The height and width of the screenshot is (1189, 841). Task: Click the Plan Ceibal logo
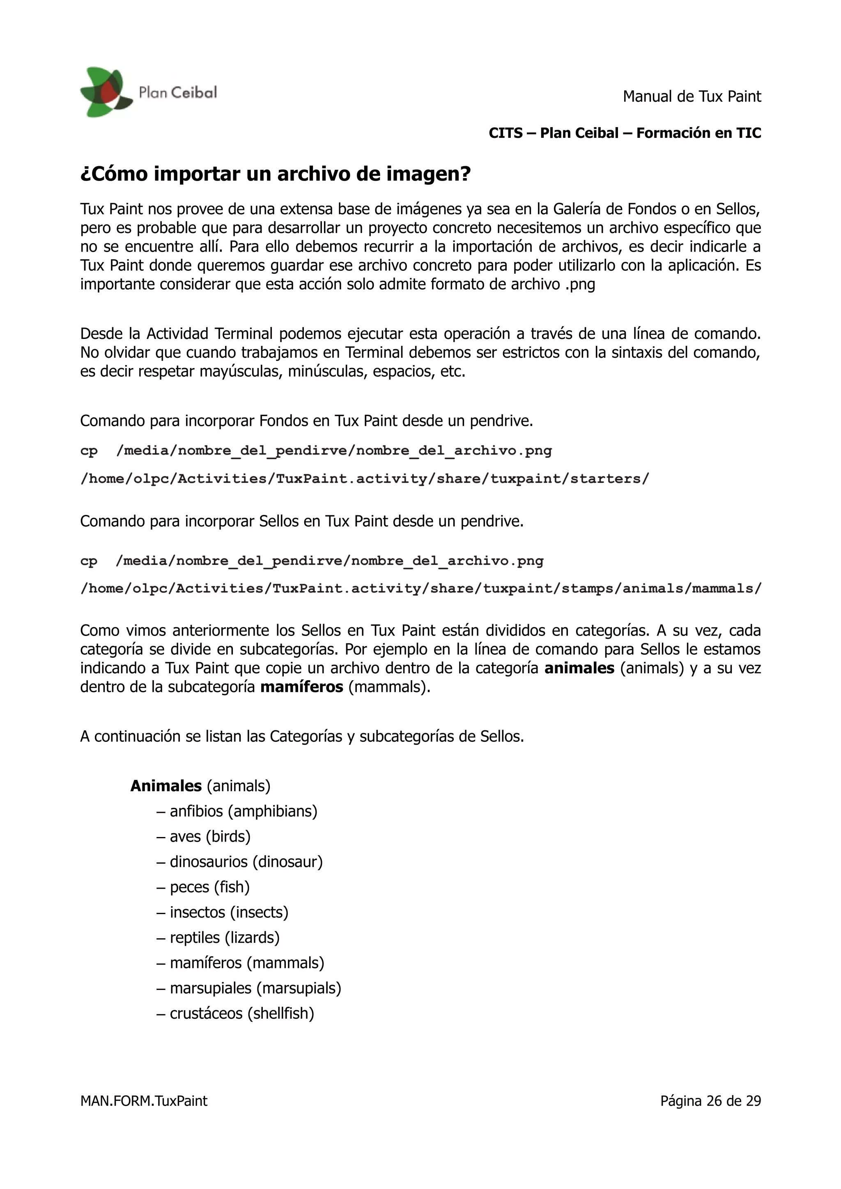[x=148, y=92]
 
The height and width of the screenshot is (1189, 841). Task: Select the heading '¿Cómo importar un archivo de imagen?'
[x=275, y=174]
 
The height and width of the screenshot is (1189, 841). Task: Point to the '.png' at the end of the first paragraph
[x=580, y=284]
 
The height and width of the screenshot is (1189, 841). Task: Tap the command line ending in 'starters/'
[x=364, y=478]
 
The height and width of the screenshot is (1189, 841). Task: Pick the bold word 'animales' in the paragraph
[x=579, y=668]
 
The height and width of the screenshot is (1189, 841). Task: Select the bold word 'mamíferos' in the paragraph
[x=301, y=687]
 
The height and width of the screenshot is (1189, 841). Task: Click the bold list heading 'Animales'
[x=166, y=786]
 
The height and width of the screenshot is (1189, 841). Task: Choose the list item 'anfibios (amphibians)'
[x=243, y=811]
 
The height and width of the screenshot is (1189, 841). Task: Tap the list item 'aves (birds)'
[x=210, y=836]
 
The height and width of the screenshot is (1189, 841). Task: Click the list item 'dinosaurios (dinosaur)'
[x=246, y=862]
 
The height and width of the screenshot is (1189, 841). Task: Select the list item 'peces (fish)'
[x=209, y=887]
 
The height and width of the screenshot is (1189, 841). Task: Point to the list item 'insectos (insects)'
[x=228, y=912]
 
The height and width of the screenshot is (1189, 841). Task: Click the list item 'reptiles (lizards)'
[x=224, y=937]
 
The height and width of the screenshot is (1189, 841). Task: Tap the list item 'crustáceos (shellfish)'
[x=241, y=1013]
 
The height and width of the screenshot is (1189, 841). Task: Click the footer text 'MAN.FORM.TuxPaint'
[x=144, y=1101]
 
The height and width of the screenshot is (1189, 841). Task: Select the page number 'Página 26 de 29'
[x=710, y=1101]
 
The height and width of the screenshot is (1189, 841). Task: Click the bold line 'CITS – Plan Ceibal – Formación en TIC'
[x=625, y=133]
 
